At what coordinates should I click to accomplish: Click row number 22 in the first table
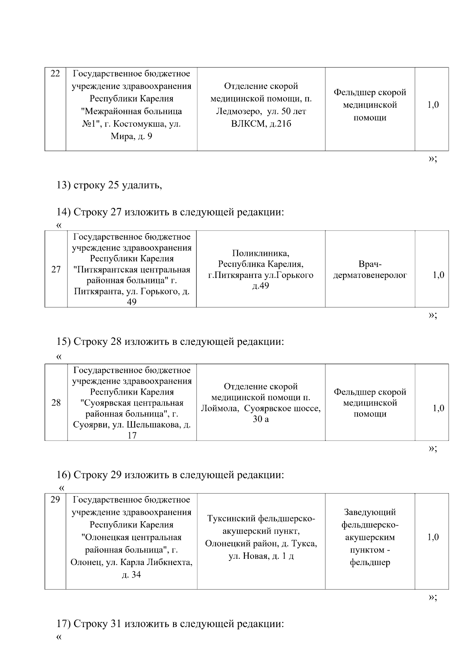coord(55,74)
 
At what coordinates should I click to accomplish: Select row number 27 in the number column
coord(56,269)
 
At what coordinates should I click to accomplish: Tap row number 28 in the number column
coord(56,402)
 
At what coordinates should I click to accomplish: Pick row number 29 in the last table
coord(55,500)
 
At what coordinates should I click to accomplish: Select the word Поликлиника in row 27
coord(261,253)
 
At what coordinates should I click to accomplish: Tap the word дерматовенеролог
coord(370,275)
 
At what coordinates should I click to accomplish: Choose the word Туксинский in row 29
coord(232,518)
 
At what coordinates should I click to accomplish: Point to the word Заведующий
coord(370,512)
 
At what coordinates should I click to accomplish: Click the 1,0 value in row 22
coord(433,105)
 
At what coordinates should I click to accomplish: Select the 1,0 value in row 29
coord(433,537)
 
